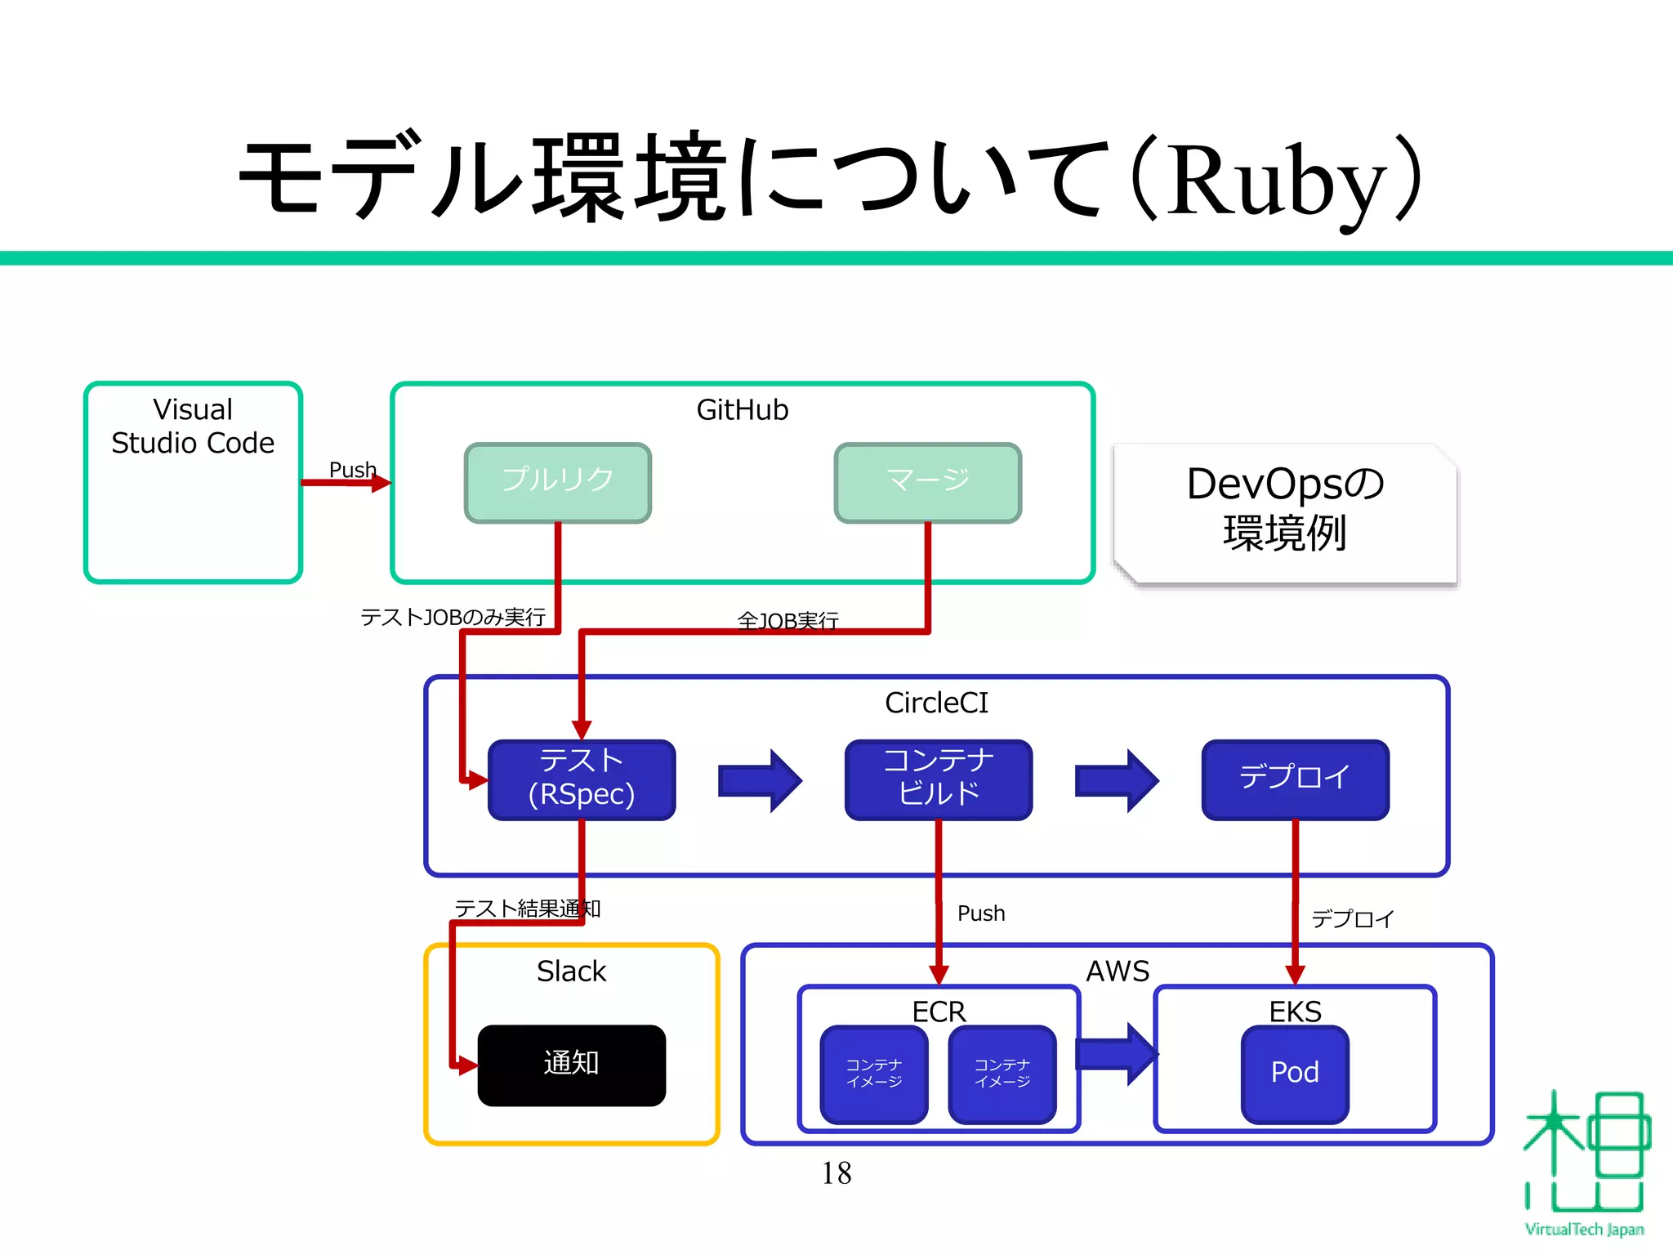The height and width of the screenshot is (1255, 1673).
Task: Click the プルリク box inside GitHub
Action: (557, 482)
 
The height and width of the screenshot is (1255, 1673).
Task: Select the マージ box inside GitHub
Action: (928, 482)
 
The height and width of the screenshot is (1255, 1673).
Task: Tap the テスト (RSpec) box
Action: (582, 779)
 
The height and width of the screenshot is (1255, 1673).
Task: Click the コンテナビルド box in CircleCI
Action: (939, 779)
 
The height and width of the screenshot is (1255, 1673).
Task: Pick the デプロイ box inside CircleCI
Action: (1296, 779)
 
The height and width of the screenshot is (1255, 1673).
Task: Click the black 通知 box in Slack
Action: (572, 1065)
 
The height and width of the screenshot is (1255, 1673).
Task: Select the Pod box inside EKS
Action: (1295, 1074)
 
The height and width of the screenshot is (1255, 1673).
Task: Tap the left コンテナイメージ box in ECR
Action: (874, 1074)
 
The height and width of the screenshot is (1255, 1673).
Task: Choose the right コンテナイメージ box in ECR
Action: (1002, 1074)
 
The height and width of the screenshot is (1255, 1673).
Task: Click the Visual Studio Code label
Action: (193, 427)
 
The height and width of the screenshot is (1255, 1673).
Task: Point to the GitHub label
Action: (742, 410)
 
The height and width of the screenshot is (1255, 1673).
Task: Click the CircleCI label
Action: (936, 703)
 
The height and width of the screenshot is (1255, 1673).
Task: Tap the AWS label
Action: (1117, 971)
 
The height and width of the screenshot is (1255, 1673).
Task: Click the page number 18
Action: (836, 1173)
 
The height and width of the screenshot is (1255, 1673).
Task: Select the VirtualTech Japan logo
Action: (1584, 1160)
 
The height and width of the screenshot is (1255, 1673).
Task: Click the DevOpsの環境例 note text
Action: (1285, 508)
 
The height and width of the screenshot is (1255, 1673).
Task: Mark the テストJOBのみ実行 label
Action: (453, 618)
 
